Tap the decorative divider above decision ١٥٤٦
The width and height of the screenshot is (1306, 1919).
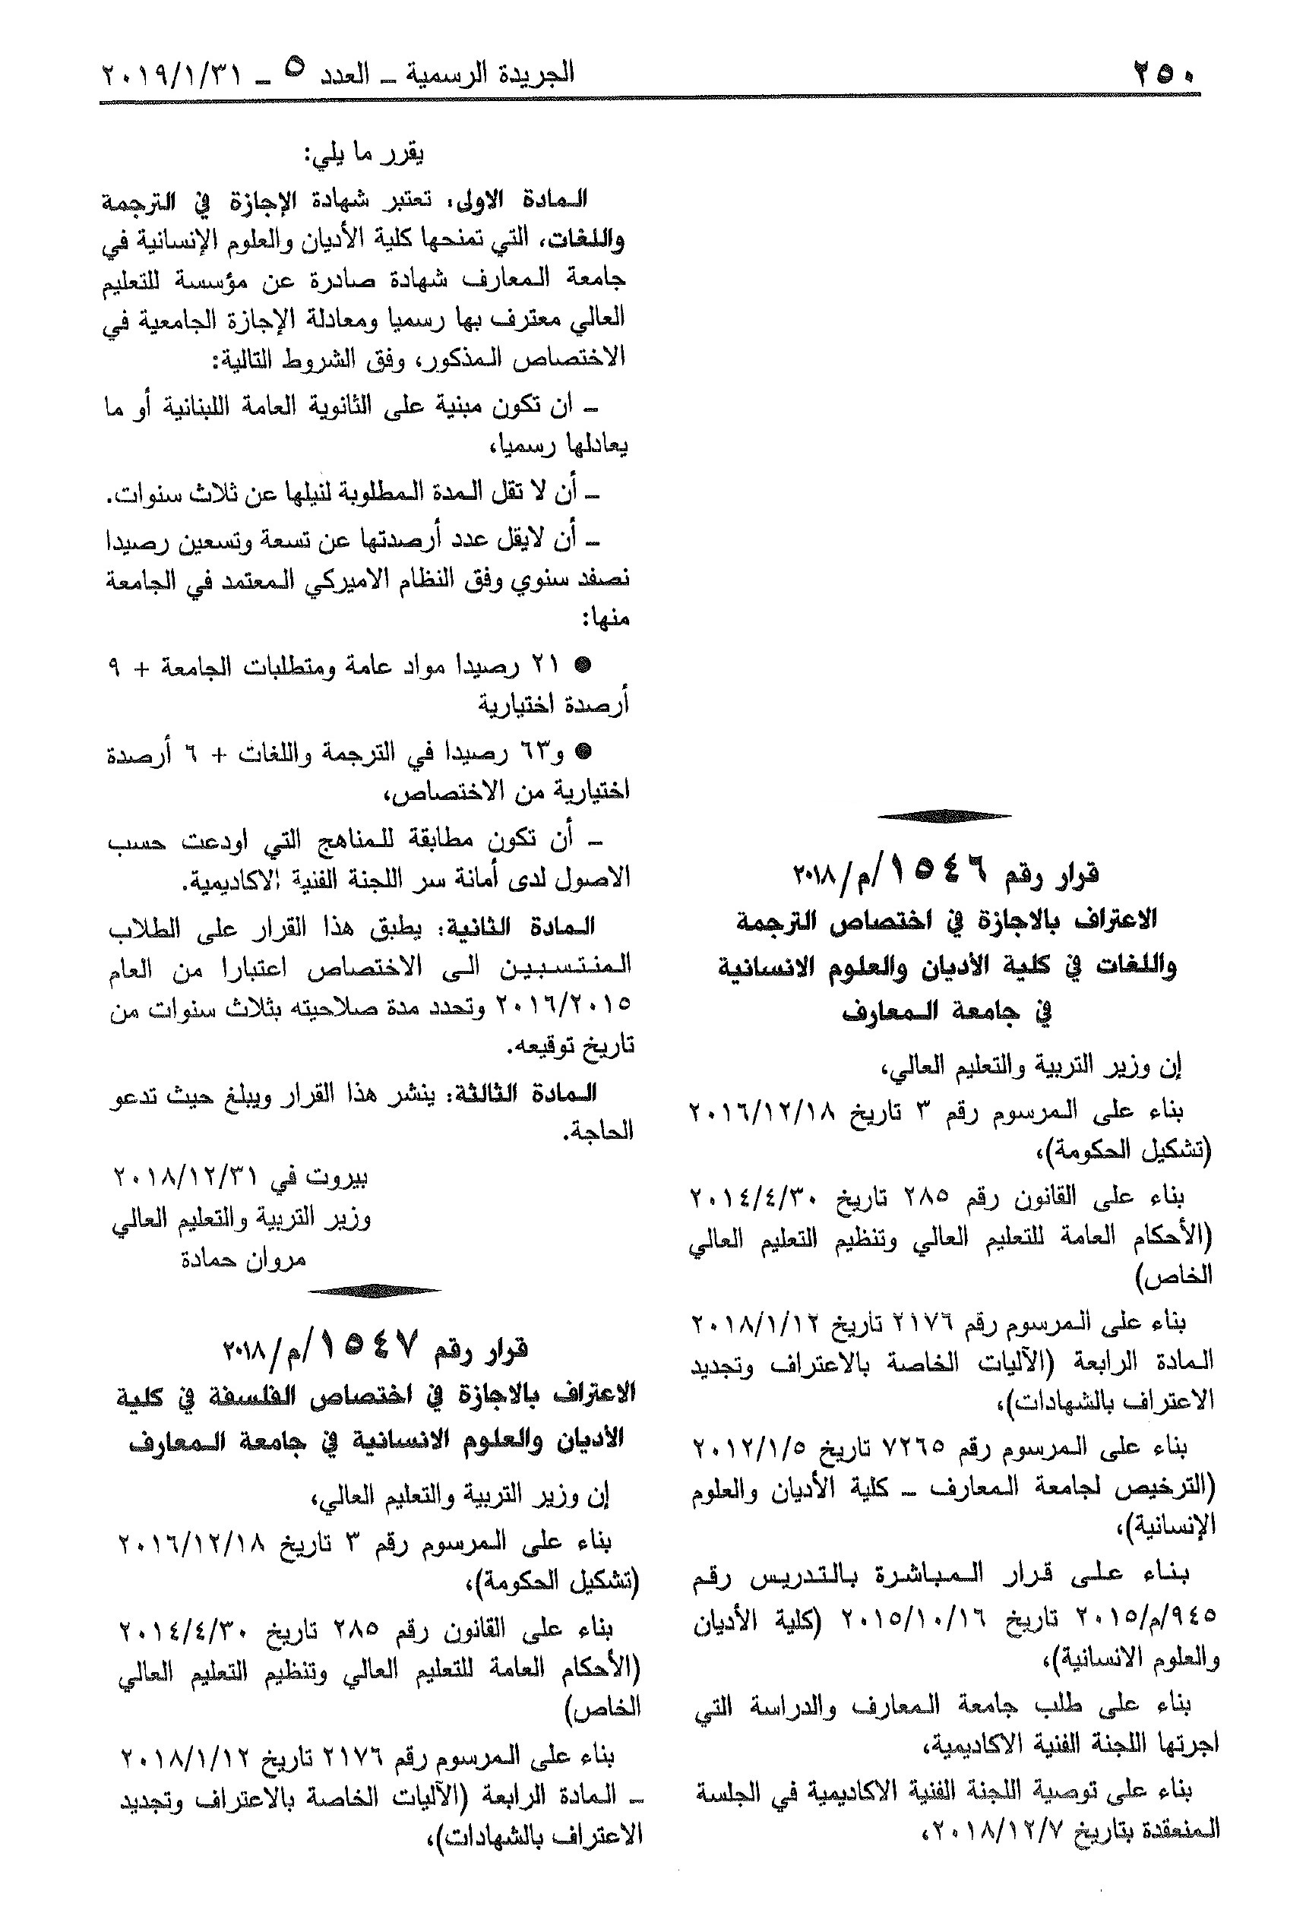(x=944, y=817)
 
